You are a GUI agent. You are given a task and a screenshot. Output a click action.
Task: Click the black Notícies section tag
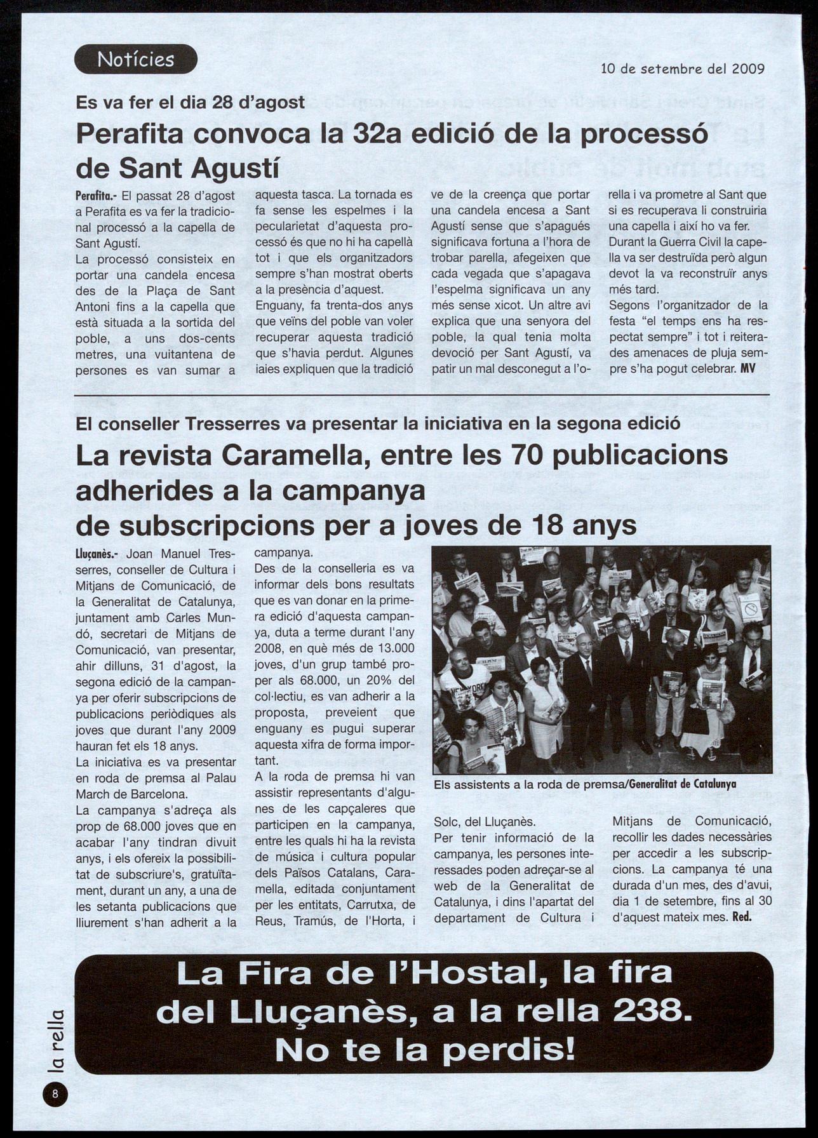(136, 59)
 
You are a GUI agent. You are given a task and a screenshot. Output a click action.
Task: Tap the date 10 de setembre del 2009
(682, 69)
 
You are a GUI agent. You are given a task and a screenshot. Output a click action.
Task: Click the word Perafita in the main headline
(130, 135)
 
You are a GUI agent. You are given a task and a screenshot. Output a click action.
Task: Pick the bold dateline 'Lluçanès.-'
(95, 554)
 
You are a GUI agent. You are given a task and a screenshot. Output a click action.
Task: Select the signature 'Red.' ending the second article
(742, 917)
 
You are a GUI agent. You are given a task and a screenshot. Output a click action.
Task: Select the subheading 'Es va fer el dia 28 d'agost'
(191, 102)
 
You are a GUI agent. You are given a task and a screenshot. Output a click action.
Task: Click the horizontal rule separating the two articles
(422, 395)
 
